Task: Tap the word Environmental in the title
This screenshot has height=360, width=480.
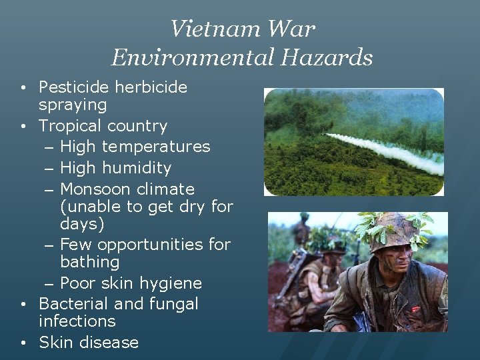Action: pyautogui.click(x=193, y=57)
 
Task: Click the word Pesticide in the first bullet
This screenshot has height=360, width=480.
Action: pyautogui.click(x=74, y=87)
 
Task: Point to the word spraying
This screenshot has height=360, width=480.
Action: pyautogui.click(x=73, y=105)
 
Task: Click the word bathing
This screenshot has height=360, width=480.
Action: pyautogui.click(x=89, y=262)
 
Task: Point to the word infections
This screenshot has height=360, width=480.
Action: pyautogui.click(x=77, y=321)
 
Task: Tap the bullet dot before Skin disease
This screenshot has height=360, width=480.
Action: pyautogui.click(x=23, y=343)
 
